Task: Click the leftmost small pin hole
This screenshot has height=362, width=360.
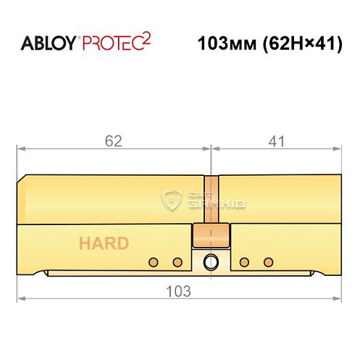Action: pyautogui.click(x=153, y=261)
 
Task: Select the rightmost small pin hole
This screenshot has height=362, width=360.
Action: pyautogui.click(x=269, y=261)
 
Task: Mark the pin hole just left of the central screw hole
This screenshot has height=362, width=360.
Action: pyautogui.click(x=176, y=261)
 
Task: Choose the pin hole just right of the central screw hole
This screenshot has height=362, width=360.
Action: pyautogui.click(x=246, y=261)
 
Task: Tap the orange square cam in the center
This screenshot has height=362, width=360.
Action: pyautogui.click(x=211, y=235)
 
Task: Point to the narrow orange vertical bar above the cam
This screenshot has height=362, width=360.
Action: pyautogui.click(x=211, y=198)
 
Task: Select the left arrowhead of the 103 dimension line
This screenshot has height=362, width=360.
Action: pyautogui.click(x=22, y=298)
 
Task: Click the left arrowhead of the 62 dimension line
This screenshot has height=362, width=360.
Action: pyautogui.click(x=22, y=149)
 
